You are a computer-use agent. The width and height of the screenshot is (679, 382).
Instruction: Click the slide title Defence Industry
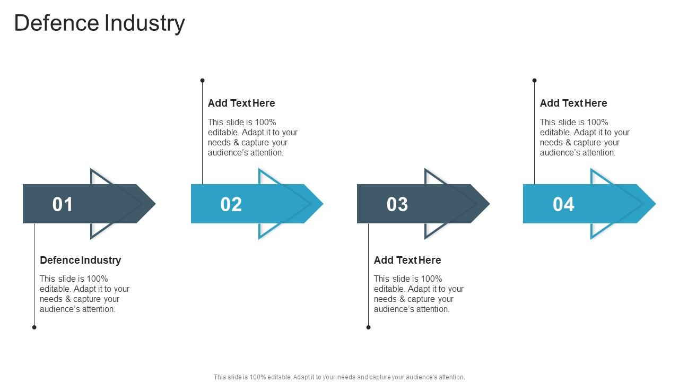pos(99,23)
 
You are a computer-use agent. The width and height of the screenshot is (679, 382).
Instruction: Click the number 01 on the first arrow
pos(63,204)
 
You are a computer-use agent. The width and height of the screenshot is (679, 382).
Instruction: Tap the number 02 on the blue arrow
pos(231,204)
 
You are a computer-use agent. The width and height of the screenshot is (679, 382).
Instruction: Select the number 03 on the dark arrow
pos(397,204)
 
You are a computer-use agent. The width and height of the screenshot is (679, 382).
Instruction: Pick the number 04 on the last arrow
pos(563,204)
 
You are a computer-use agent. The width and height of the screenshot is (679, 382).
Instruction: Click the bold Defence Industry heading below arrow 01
pos(81,260)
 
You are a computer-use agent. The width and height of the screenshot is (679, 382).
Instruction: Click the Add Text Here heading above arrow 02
pos(241,103)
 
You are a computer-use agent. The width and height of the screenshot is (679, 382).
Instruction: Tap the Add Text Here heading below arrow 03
pos(407,260)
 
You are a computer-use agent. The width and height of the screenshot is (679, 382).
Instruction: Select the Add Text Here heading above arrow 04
pos(573,103)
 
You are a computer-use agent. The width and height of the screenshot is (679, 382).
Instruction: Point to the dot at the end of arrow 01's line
pos(34,327)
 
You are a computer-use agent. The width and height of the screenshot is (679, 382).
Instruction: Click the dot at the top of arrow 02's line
pos(202,81)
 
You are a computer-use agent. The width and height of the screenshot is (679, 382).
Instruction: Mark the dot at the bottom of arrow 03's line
pos(368,327)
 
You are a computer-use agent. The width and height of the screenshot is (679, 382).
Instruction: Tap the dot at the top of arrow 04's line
pos(534,81)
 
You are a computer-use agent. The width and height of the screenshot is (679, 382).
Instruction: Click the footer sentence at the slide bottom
pos(339,377)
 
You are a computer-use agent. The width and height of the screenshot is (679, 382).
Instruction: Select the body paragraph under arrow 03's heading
pos(419,294)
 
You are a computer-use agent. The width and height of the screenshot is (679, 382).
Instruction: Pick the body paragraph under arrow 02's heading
pos(253,137)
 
